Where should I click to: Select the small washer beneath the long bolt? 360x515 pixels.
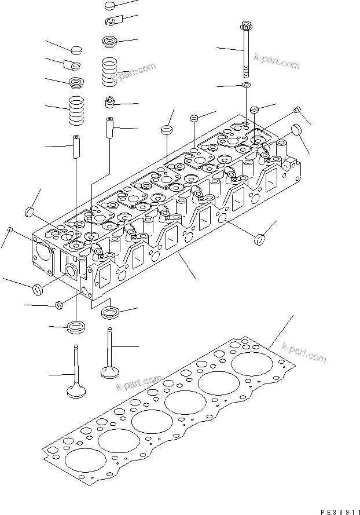(247, 86)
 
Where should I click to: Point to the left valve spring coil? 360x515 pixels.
(76, 110)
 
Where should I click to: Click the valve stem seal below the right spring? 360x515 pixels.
(110, 103)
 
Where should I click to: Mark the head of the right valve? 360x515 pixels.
(110, 370)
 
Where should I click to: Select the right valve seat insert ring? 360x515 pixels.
(110, 313)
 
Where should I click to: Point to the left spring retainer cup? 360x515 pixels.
(76, 82)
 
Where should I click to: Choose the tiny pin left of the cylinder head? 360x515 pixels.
(10, 231)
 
